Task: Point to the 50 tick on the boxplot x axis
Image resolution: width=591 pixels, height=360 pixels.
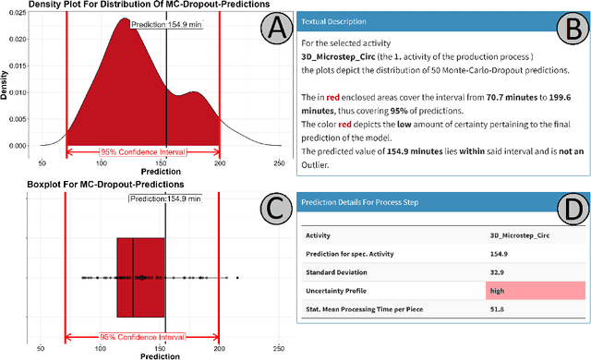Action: [41, 347]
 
